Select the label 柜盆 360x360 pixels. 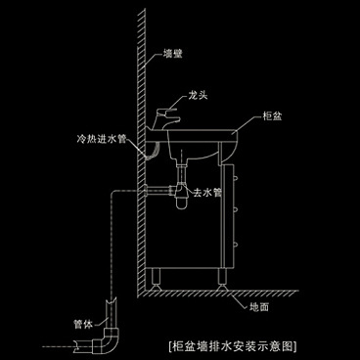click(x=275, y=116)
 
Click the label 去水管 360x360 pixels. click(x=206, y=193)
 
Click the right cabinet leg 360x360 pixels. click(x=228, y=278)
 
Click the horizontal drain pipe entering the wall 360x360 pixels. click(x=157, y=187)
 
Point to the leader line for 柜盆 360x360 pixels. click(x=249, y=123)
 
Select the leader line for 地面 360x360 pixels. click(x=244, y=297)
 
